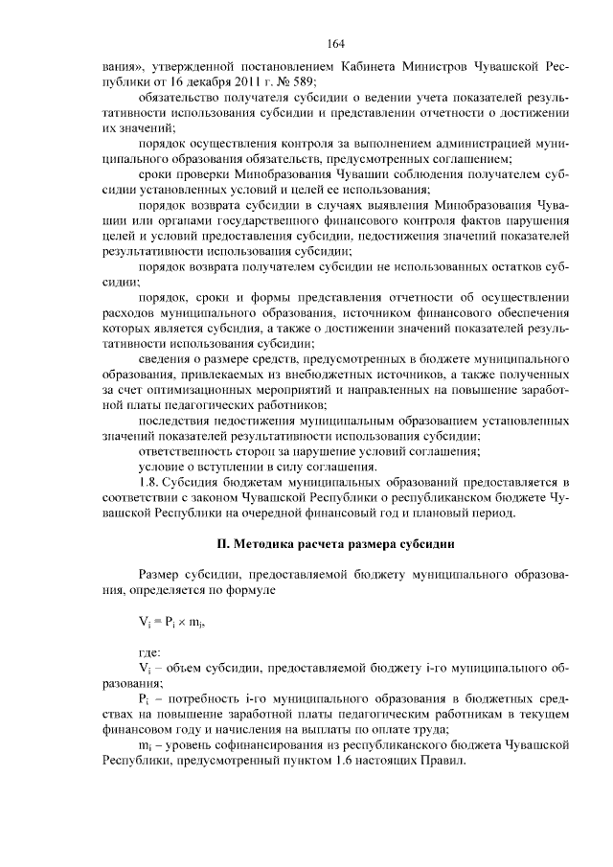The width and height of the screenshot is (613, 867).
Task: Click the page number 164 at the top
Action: (x=334, y=44)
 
